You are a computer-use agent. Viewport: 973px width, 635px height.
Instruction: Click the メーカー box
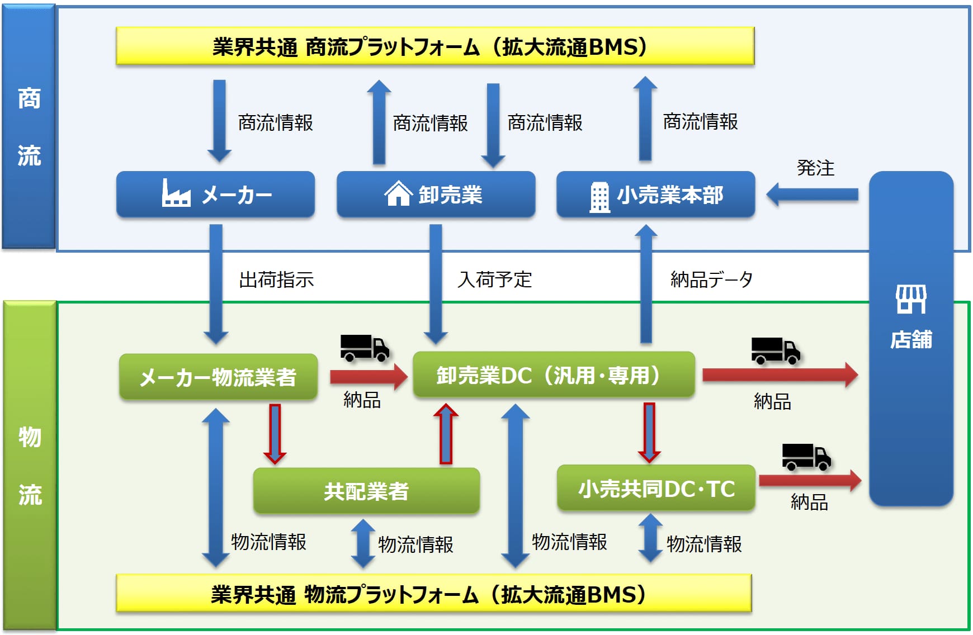coord(215,195)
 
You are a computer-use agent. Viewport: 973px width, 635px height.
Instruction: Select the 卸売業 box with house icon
coord(436,195)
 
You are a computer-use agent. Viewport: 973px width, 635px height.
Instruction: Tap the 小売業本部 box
coord(655,195)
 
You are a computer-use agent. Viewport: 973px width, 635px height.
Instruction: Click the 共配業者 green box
coord(366,491)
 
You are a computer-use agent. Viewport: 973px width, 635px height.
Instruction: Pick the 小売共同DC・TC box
coord(656,489)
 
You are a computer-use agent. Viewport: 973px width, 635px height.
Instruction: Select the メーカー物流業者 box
coord(218,377)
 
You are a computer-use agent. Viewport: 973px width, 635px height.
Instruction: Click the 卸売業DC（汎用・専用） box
coord(554,375)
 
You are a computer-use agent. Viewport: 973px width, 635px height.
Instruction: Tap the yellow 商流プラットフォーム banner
coord(434,46)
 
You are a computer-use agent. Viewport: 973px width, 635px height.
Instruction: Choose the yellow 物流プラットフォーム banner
coord(433,594)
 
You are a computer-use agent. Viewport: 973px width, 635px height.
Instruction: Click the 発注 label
coord(815,168)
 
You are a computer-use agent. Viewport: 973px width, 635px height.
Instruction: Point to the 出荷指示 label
coord(276,279)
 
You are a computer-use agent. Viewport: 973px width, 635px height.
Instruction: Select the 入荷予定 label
coord(494,279)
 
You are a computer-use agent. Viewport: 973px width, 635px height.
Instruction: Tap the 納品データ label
coord(711,279)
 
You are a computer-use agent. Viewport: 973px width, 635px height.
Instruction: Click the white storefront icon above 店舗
coord(911,298)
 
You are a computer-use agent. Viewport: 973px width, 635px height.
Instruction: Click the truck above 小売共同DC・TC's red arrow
coord(806,457)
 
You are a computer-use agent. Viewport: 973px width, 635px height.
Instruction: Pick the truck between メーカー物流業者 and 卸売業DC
coord(365,348)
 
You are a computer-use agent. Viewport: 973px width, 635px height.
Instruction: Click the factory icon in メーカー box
coord(176,193)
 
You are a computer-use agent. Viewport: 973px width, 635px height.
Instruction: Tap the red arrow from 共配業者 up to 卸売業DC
coord(446,434)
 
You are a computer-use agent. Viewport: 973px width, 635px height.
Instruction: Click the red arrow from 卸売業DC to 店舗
coord(780,375)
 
